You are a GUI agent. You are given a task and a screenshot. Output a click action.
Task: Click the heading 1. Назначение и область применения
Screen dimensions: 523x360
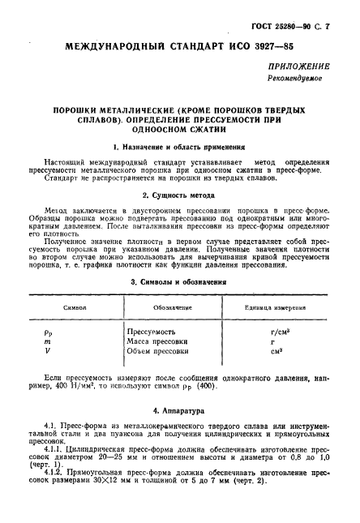click(179, 148)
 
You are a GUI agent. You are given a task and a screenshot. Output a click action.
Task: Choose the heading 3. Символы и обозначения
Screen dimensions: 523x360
click(179, 282)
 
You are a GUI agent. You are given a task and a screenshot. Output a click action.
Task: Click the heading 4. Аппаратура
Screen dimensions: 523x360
click(179, 411)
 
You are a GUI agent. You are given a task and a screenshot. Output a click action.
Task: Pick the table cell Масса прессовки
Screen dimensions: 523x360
click(161, 341)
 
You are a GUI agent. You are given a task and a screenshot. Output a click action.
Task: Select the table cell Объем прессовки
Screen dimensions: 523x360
click(162, 351)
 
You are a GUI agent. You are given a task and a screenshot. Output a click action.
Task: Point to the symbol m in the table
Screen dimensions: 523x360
click(48, 341)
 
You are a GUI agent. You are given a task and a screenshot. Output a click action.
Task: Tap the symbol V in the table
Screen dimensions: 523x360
click(47, 351)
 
